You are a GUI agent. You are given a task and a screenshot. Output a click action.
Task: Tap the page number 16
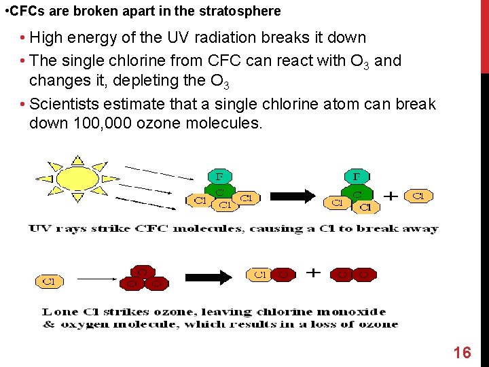(x=462, y=352)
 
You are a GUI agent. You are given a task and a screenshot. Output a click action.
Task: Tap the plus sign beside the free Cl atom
(x=391, y=196)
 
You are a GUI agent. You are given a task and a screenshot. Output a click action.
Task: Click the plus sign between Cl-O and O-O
(x=313, y=273)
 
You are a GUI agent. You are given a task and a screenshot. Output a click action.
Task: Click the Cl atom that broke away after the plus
(x=419, y=196)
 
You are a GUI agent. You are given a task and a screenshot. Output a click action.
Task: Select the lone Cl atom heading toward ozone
(x=50, y=279)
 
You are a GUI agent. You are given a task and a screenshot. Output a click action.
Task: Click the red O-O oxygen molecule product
(x=353, y=275)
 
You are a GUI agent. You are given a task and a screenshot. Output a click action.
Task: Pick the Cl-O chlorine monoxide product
(x=272, y=275)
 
